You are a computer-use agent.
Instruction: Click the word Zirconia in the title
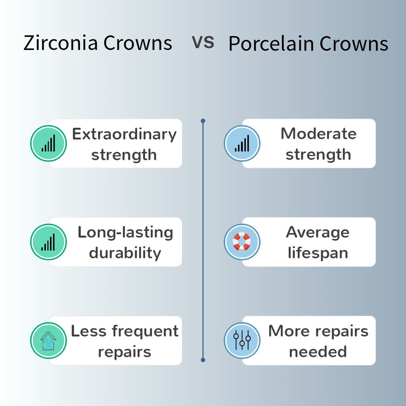61,43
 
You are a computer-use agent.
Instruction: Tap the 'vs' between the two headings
203,42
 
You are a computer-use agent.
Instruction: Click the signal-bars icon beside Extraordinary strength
48,143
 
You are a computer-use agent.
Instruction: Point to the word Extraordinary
124,135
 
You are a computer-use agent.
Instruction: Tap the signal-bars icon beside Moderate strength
242,143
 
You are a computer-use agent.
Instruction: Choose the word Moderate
318,134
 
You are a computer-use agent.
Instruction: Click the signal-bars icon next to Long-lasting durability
48,242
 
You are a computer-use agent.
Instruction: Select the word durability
125,253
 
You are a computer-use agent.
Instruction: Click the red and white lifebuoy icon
242,242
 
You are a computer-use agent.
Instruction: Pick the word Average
318,232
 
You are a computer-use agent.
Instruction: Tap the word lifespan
318,253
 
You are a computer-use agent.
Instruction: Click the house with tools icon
48,341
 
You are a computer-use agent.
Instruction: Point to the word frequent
145,331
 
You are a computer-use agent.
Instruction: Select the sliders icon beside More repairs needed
242,340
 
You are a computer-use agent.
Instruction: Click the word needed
318,352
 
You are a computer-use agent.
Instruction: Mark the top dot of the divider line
203,121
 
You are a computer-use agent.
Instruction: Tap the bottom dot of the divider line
203,360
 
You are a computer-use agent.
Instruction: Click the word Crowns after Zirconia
138,43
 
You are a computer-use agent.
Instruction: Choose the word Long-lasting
125,233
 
